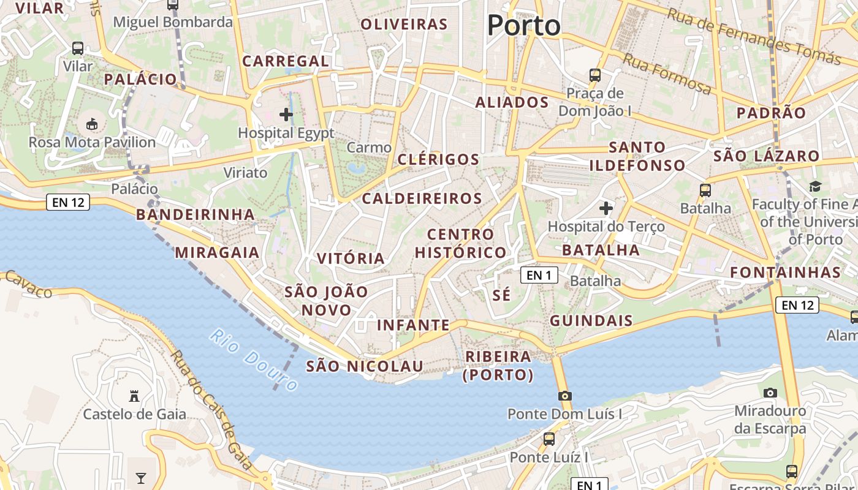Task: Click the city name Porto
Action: (523, 26)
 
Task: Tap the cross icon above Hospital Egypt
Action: (286, 115)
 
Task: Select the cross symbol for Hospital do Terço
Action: (606, 208)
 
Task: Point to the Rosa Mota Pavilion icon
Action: (92, 124)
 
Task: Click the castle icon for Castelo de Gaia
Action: (134, 396)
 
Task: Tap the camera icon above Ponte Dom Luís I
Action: (565, 396)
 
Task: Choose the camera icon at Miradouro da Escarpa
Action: (770, 393)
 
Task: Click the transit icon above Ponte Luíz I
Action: (549, 439)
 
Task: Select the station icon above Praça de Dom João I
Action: (594, 75)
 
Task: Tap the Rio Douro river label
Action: (253, 360)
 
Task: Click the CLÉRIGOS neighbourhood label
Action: (438, 159)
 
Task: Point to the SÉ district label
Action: (501, 295)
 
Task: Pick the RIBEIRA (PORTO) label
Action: (498, 366)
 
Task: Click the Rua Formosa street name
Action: (667, 74)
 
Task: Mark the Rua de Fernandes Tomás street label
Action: (754, 36)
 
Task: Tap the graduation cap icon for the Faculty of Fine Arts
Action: (815, 186)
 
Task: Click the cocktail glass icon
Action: (141, 478)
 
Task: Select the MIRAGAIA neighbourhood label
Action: (218, 252)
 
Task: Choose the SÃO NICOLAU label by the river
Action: (365, 366)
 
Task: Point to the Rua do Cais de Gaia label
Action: (211, 410)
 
